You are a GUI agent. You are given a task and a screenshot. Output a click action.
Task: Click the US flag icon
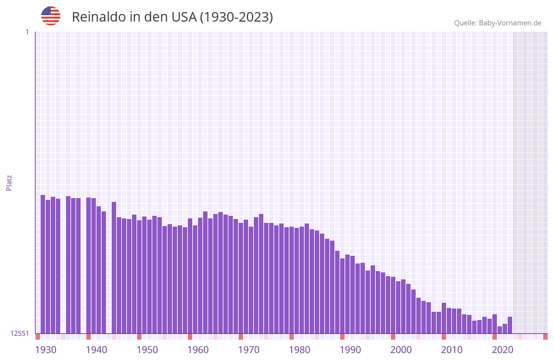tap(51, 16)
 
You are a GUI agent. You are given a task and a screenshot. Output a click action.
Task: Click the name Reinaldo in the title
tap(98, 17)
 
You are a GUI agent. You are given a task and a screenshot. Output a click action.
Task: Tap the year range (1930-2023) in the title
tap(236, 17)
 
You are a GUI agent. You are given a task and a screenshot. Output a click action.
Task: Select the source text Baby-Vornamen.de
tap(510, 23)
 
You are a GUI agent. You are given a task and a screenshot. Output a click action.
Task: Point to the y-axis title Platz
tap(9, 182)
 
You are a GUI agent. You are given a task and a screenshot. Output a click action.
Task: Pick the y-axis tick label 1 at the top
tap(27, 32)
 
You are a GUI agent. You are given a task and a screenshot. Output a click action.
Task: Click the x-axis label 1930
tap(46, 350)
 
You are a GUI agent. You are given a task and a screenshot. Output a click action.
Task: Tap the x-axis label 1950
tap(147, 350)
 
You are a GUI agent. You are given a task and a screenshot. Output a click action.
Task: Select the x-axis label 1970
tap(249, 350)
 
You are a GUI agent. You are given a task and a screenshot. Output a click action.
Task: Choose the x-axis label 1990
tap(350, 350)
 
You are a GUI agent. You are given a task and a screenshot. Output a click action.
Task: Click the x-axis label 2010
tap(452, 350)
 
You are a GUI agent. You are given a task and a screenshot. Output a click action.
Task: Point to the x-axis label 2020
tap(503, 350)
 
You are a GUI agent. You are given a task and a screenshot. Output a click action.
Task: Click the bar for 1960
tap(195, 279)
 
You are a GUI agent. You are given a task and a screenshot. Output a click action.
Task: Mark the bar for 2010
tap(449, 321)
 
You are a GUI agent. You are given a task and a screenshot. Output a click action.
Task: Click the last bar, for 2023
tap(510, 325)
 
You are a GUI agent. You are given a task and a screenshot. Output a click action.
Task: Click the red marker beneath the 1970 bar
tap(241, 337)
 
